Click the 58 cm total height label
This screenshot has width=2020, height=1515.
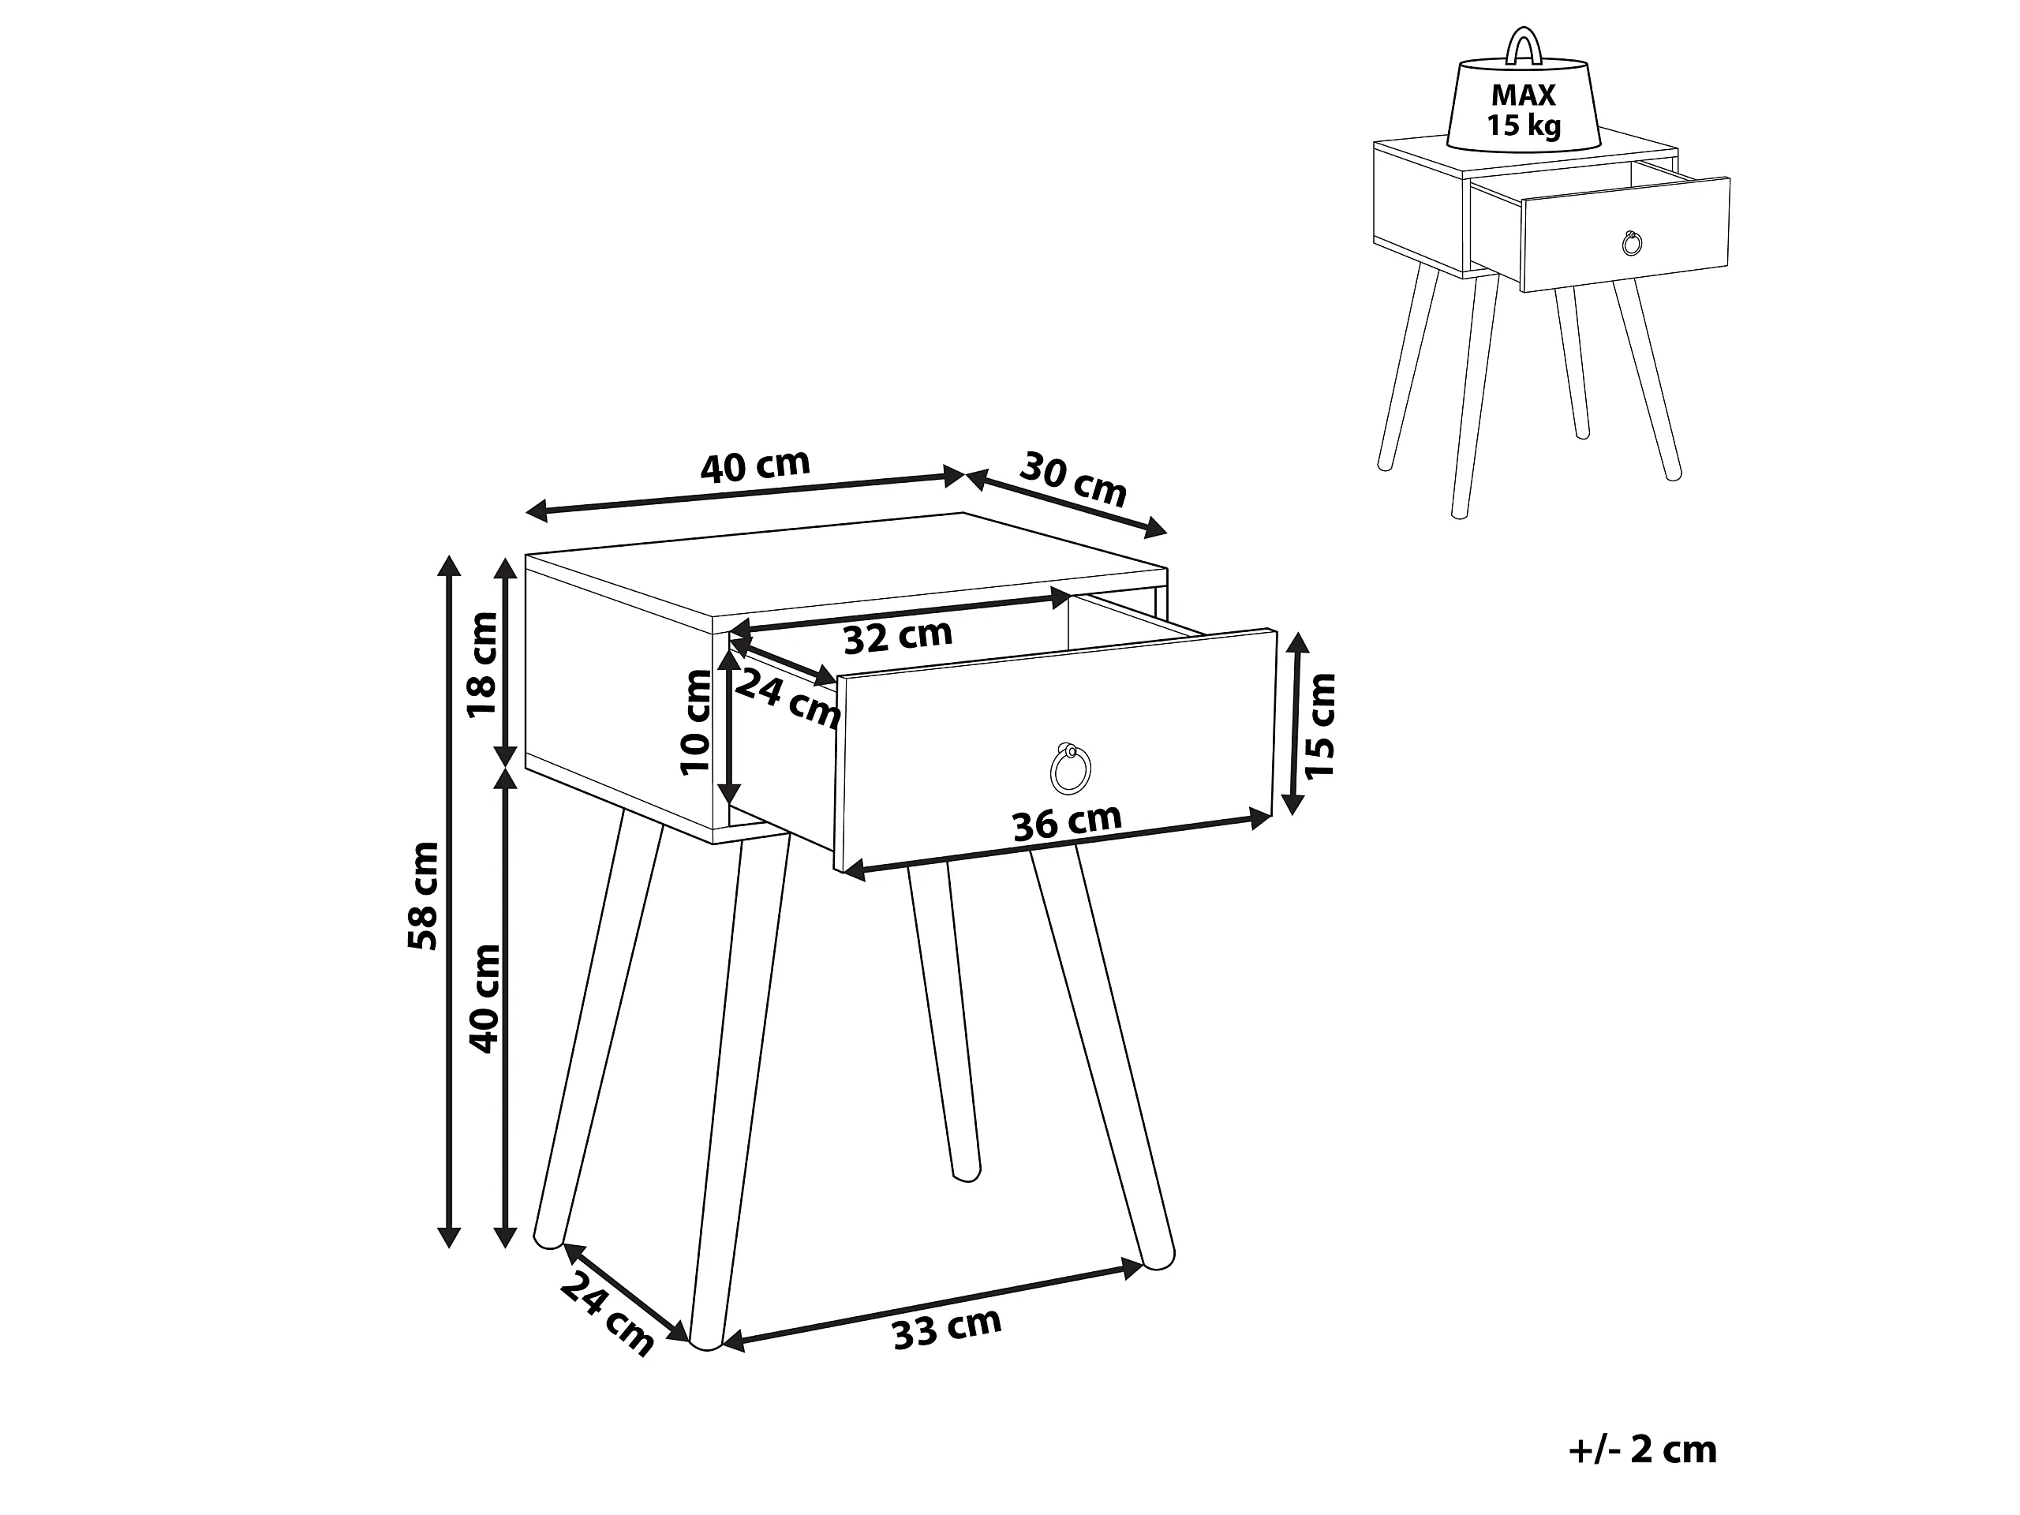pos(424,896)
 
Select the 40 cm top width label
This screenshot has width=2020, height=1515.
pos(755,466)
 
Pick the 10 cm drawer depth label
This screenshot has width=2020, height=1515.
pos(696,722)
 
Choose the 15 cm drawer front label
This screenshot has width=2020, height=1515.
pos(1320,726)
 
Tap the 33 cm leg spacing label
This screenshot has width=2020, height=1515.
pos(947,1328)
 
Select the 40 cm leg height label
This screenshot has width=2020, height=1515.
pos(484,998)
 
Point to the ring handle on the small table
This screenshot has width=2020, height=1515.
pos(1632,243)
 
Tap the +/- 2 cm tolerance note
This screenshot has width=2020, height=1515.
pos(1642,1450)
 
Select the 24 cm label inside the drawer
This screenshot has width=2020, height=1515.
pos(787,698)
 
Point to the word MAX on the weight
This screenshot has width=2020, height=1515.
pos(1523,95)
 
